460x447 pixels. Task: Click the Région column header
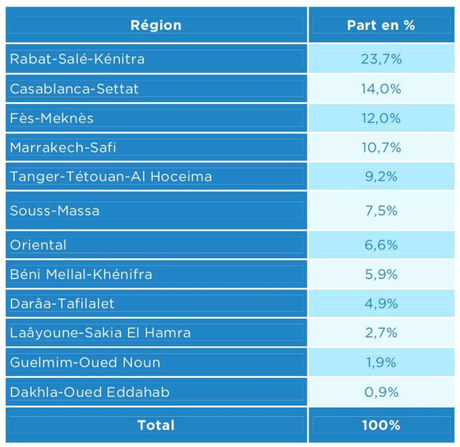point(156,25)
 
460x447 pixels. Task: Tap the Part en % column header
point(381,25)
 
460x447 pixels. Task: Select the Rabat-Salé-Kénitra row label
point(77,59)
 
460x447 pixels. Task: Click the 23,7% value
point(381,59)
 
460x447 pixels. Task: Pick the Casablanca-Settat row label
point(74,88)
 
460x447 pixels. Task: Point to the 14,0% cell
point(381,88)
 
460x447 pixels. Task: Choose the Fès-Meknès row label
point(52,118)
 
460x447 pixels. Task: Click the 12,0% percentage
point(381,118)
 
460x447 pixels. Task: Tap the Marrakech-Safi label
point(63,148)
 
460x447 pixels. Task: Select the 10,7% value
point(381,148)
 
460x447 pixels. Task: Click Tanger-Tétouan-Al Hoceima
point(111,177)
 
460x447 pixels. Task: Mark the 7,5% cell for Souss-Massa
point(381,211)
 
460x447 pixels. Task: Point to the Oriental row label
point(38,245)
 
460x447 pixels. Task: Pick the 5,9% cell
point(381,274)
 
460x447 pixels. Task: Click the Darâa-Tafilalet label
point(62,304)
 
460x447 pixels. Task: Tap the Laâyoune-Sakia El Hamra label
point(100,332)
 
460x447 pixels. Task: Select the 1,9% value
point(381,362)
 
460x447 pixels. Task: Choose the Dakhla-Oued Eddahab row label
point(90,392)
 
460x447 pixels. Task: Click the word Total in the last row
point(156,425)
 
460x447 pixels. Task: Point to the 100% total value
point(381,425)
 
